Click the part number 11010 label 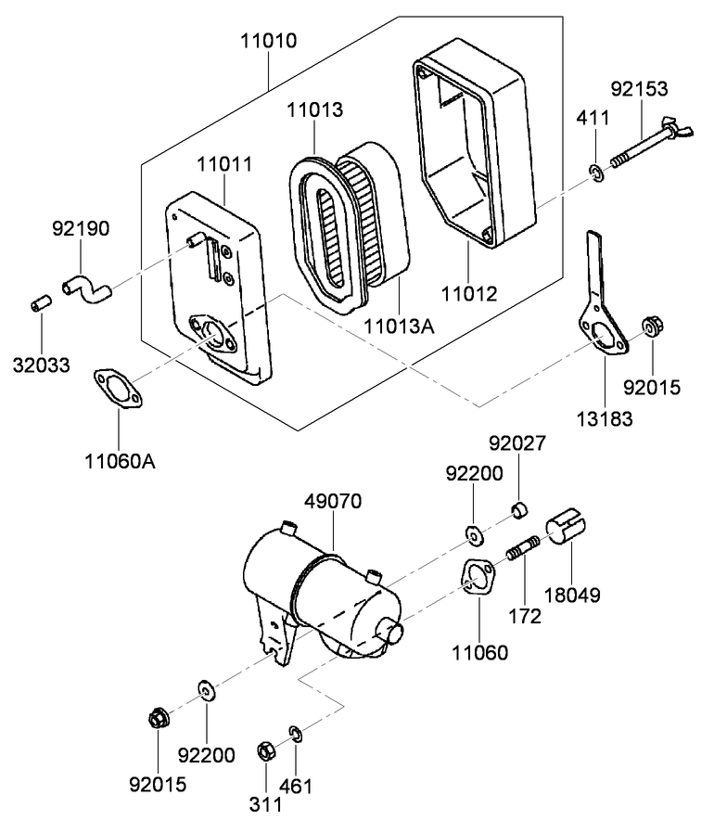268,41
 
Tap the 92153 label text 638,89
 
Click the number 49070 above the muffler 332,501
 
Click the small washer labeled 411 597,171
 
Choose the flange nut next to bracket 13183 651,327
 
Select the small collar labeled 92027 520,510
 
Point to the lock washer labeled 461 295,734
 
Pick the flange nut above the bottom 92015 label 157,717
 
